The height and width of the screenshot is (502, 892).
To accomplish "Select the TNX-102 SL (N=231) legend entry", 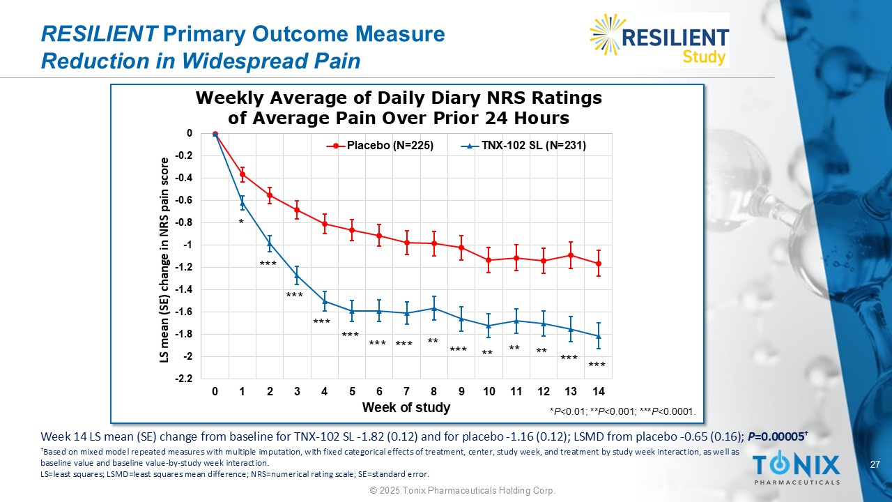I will click(524, 146).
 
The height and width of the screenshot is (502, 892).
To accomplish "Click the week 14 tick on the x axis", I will click(598, 392).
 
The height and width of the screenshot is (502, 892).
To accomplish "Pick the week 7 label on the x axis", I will click(406, 392).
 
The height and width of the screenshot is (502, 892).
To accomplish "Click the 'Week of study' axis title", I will click(406, 407).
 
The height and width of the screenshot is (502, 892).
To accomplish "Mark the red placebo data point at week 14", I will click(599, 264).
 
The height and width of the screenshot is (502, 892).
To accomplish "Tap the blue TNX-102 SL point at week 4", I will click(325, 301).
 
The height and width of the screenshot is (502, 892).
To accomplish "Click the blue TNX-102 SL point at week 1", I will click(243, 203).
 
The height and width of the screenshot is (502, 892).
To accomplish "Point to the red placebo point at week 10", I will click(489, 260).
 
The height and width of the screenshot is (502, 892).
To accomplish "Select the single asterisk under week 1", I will click(241, 222).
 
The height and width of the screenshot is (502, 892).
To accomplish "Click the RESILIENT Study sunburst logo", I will click(659, 40).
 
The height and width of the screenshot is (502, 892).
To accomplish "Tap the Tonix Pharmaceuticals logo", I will click(796, 468).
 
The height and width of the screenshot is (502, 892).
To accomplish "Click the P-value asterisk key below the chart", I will click(622, 411).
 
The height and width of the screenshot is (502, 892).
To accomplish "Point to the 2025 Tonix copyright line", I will click(462, 492).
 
